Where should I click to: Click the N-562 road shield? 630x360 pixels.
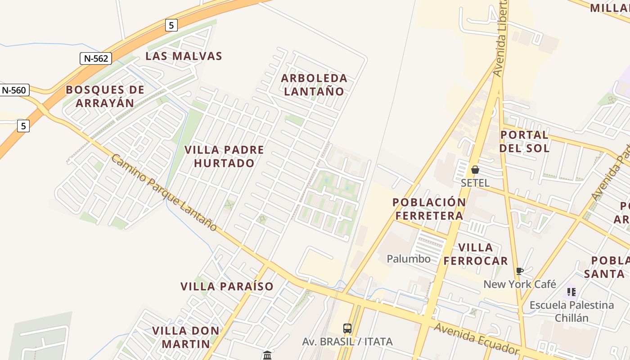(95, 58)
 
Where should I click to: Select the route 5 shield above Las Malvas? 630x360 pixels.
(171, 25)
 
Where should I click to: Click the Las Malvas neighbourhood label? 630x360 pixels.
(184, 56)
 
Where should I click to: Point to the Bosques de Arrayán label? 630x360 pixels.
(105, 96)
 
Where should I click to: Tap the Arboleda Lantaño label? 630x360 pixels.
(314, 85)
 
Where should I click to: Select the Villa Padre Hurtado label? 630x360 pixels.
(225, 156)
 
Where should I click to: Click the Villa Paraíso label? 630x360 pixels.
(227, 286)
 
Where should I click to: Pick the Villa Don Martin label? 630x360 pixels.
(186, 337)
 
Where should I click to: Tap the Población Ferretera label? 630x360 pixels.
(429, 209)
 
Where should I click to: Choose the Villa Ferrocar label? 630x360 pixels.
(476, 254)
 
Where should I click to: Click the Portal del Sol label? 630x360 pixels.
(525, 141)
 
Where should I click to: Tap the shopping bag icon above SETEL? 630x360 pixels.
(475, 170)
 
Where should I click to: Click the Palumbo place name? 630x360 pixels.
(409, 259)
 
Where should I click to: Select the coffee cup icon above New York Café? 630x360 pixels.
(520, 271)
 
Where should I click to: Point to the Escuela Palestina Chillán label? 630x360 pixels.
(571, 311)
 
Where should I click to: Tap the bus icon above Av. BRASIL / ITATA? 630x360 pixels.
(347, 328)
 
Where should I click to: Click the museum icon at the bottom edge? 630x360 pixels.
(267, 355)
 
